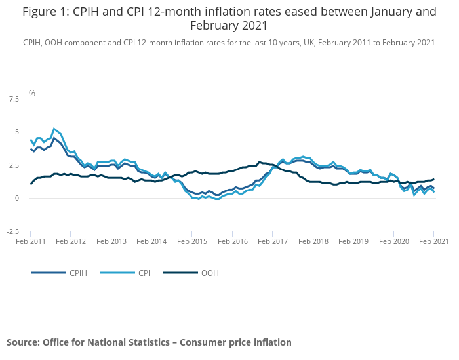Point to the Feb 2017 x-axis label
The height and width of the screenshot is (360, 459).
tap(272, 241)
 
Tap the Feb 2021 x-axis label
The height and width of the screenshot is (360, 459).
tap(433, 241)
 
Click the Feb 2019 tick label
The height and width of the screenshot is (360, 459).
tap(353, 241)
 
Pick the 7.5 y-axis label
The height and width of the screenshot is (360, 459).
tap(13, 99)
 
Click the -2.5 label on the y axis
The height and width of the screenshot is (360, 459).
tap(12, 231)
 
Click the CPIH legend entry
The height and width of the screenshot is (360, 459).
tap(77, 273)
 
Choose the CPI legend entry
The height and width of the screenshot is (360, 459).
tap(143, 273)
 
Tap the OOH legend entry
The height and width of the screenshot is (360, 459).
tap(210, 273)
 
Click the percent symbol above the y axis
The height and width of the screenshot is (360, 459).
tap(31, 94)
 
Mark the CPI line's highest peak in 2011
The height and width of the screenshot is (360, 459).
tap(54, 129)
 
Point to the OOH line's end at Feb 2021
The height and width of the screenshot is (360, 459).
tap(433, 180)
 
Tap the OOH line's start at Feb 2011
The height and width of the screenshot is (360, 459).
tap(30, 184)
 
